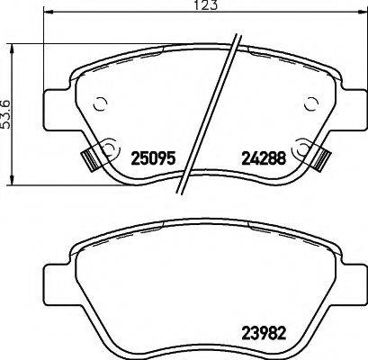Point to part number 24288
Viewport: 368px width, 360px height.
coord(262,156)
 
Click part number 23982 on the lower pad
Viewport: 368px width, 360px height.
coord(262,329)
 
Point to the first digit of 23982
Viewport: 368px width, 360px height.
coord(244,329)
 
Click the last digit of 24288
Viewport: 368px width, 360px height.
coord(281,156)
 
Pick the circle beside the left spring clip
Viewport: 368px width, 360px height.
coord(109,147)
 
